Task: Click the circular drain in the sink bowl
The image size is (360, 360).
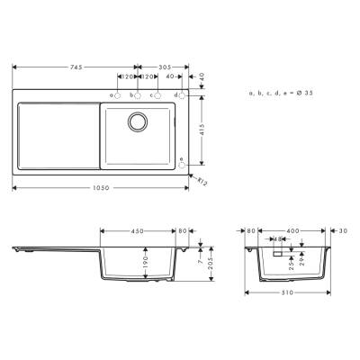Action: click(x=138, y=121)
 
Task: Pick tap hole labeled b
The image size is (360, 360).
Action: click(x=138, y=95)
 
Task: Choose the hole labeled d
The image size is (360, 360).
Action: click(x=181, y=95)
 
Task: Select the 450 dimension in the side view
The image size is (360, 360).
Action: click(x=138, y=230)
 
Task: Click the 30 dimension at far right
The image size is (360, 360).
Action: click(x=345, y=230)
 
